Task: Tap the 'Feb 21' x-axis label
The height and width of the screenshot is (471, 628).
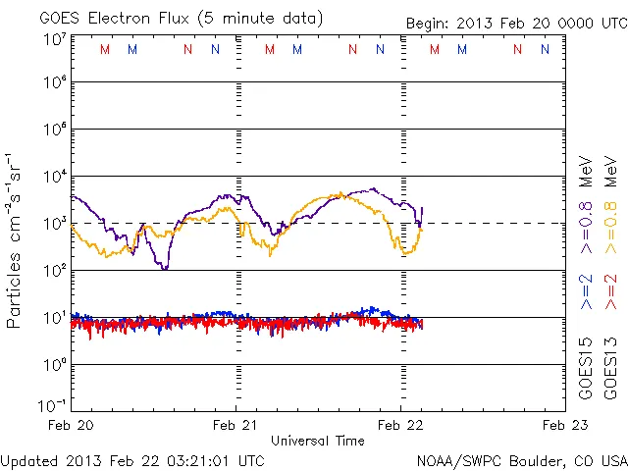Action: pos(235,425)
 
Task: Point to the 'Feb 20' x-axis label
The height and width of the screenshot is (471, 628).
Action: pos(72,425)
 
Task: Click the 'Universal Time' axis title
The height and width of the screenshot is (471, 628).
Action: pos(318,441)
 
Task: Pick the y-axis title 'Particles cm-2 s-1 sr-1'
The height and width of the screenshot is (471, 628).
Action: pos(14,239)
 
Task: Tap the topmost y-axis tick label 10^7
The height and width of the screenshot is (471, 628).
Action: pos(54,40)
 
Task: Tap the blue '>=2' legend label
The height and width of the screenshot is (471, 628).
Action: pos(586,291)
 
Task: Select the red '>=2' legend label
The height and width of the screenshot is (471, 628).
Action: pos(610,291)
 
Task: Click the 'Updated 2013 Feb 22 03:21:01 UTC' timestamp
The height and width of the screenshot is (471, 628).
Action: pos(132,459)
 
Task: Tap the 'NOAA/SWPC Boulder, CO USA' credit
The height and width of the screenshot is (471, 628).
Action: pos(520,459)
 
